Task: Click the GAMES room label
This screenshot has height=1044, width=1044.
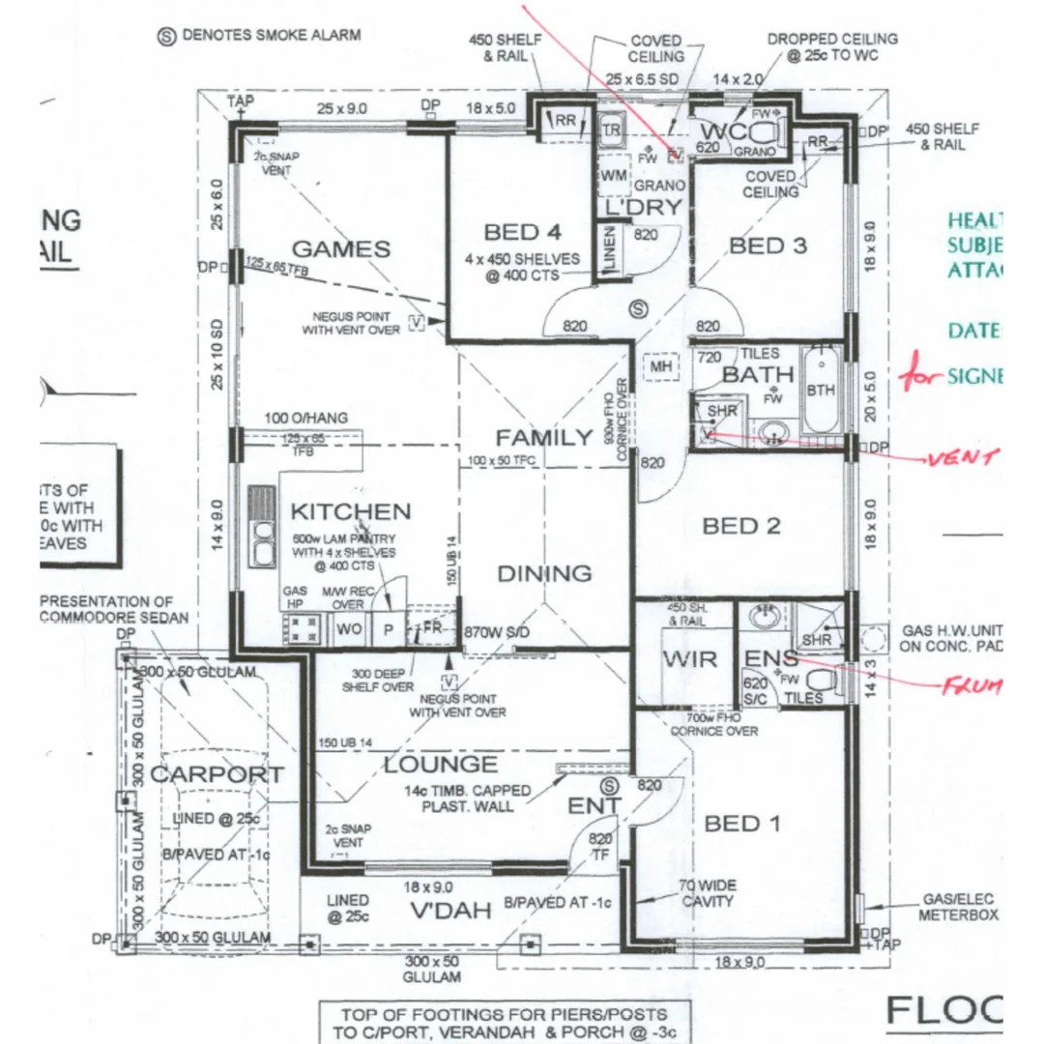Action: coord(341,249)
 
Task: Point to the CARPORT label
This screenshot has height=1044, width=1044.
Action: coord(217,774)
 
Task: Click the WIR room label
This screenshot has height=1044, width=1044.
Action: coord(689,659)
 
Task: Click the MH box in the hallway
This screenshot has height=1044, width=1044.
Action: coord(660,367)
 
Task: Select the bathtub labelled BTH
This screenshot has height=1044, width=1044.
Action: coord(821,389)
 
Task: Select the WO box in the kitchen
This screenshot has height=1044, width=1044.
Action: coord(348,628)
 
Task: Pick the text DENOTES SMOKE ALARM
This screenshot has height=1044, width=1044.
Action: coord(273,36)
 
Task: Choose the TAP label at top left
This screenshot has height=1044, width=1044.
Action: coord(238,100)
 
